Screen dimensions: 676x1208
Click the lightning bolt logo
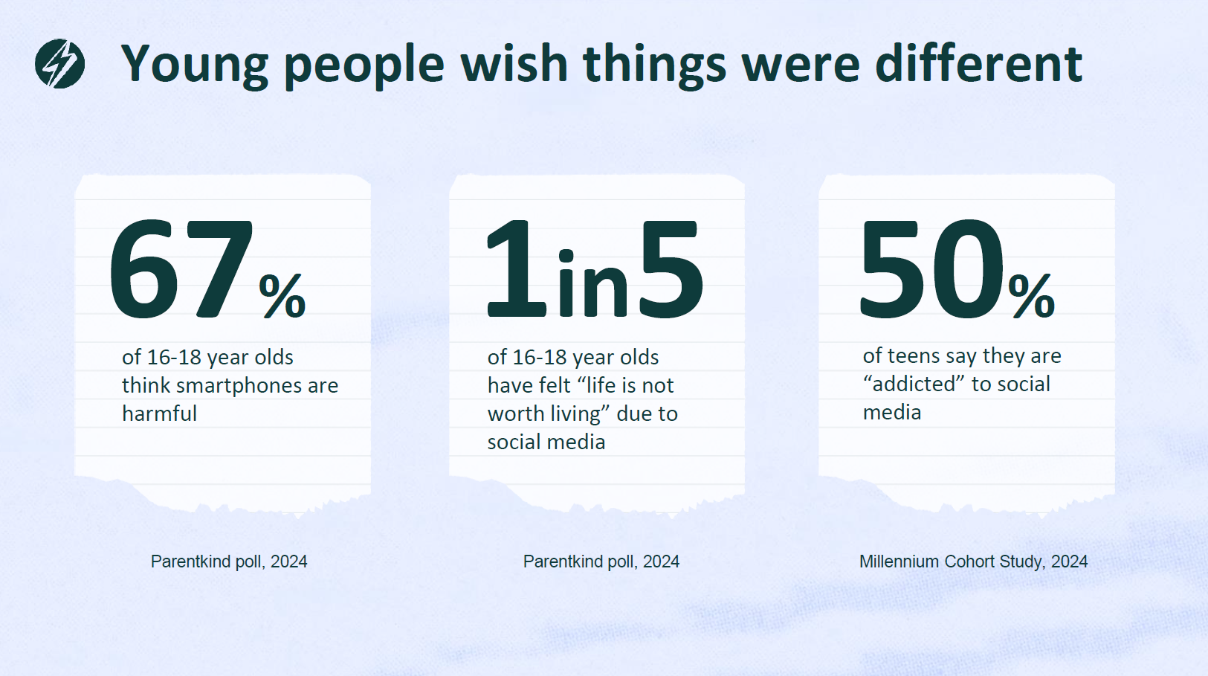tap(59, 64)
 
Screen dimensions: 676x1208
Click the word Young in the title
tap(195, 65)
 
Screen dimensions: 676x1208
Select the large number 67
tap(181, 271)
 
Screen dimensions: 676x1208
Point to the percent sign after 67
tap(282, 296)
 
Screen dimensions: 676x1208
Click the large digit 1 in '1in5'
tap(515, 271)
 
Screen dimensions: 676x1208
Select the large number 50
tap(932, 271)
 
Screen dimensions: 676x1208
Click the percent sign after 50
tap(1032, 296)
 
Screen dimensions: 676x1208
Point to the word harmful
tap(159, 413)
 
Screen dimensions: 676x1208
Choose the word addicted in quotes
tap(914, 384)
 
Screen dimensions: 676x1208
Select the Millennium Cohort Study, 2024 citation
tap(973, 561)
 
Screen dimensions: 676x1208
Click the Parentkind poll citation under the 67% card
tap(229, 561)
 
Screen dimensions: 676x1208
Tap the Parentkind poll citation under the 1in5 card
tap(601, 561)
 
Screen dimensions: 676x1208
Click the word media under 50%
tap(892, 413)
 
